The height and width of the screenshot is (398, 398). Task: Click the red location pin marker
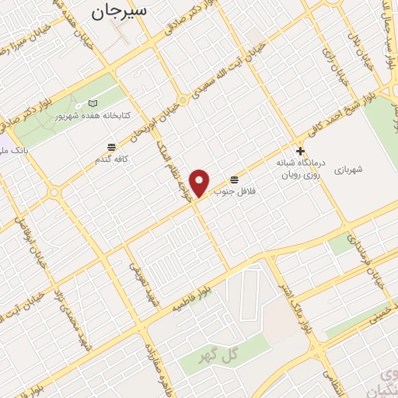(201, 183)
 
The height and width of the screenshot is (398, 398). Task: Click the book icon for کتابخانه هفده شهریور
(93, 103)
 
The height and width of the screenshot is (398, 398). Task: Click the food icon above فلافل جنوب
(234, 178)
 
